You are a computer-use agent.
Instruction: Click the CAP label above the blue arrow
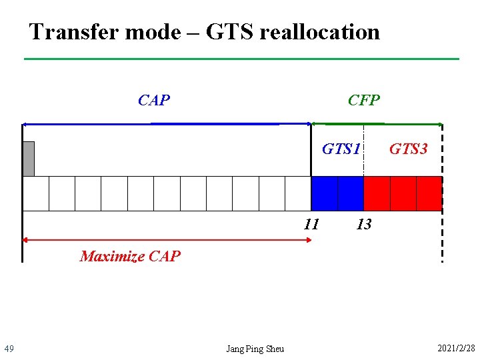click(154, 101)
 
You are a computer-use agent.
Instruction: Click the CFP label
click(364, 101)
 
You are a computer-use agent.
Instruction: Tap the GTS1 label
click(341, 149)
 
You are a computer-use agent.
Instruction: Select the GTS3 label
click(408, 149)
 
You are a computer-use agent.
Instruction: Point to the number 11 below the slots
click(311, 224)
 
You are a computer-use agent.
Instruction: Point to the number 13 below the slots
click(363, 224)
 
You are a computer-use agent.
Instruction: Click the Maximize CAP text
click(130, 256)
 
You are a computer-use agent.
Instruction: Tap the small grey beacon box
click(28, 159)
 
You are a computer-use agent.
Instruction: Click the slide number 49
click(9, 349)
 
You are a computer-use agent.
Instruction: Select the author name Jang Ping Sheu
click(255, 349)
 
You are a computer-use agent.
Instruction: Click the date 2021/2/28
click(455, 349)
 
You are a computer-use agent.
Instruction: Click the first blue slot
click(324, 193)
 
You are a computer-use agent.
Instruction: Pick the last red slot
click(429, 193)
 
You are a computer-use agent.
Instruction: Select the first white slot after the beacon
click(35, 193)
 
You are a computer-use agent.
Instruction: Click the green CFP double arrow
click(377, 123)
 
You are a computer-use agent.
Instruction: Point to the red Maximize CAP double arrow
click(167, 239)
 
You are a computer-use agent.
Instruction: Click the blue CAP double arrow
click(167, 123)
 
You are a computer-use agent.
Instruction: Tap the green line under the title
click(241, 59)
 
